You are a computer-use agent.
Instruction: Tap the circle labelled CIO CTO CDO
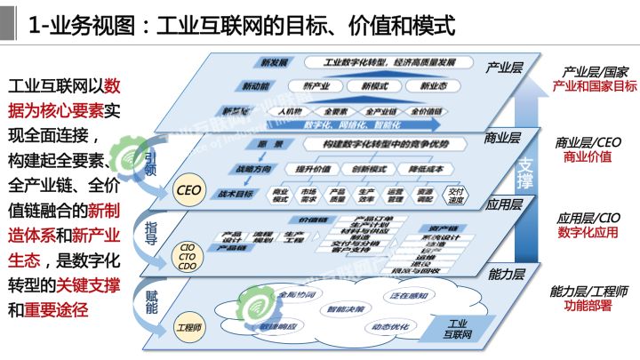tap(188, 255)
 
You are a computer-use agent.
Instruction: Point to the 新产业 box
tap(317, 86)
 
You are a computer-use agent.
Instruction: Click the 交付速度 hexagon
tap(457, 194)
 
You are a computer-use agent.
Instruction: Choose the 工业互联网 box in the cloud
tap(455, 329)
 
